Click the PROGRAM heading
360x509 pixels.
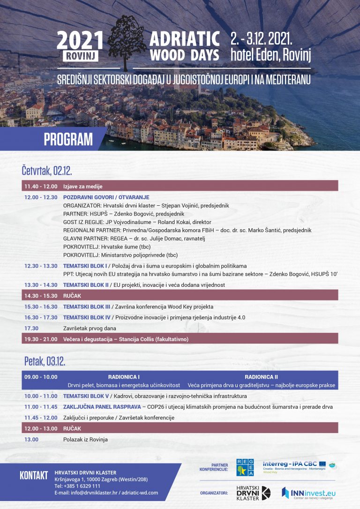68,139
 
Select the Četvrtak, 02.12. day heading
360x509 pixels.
46,169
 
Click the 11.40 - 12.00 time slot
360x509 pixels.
41,187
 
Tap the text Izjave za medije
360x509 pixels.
83,187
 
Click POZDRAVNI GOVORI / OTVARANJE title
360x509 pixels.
106,197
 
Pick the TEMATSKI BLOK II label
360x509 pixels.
86,285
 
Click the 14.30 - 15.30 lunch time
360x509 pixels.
41,296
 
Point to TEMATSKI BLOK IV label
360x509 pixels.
87,317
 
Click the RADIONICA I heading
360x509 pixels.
124,377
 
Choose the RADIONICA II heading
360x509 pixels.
261,377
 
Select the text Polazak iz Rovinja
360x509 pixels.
85,440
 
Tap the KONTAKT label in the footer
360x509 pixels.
34,475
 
